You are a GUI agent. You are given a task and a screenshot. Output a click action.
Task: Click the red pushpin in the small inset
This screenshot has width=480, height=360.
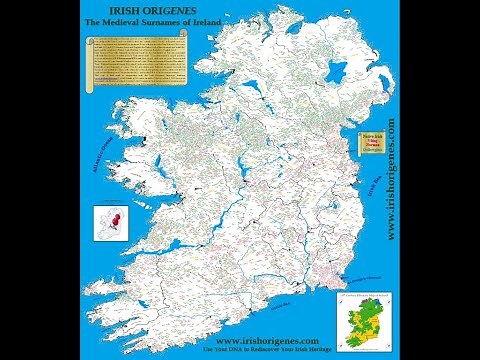tap(118, 218)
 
